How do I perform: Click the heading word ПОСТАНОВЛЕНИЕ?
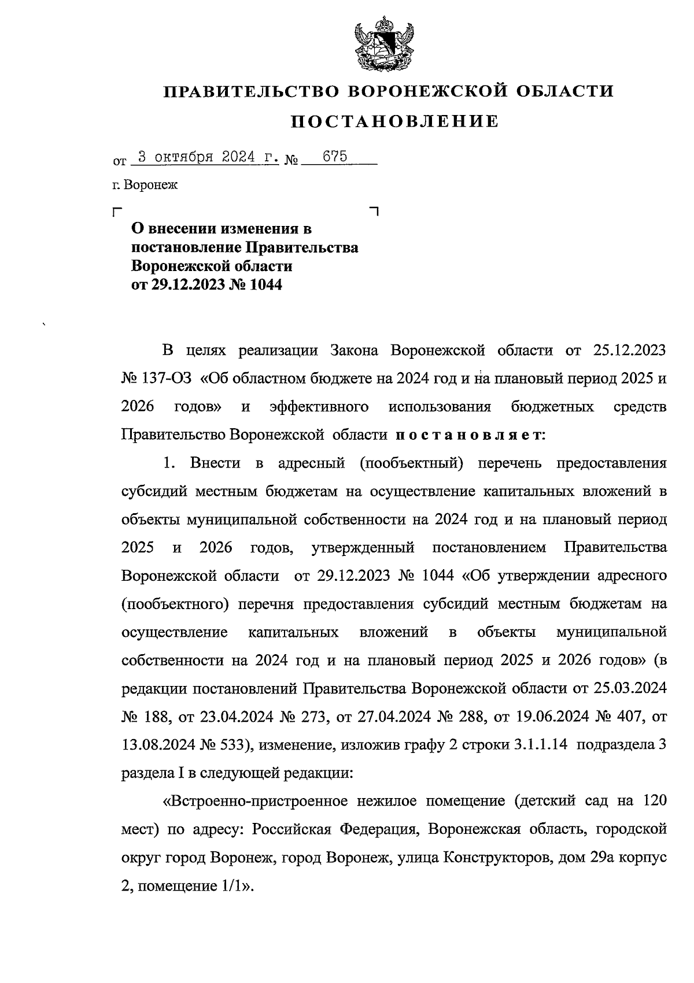(x=394, y=121)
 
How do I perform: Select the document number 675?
(x=334, y=157)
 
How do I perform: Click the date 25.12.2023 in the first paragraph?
(x=629, y=351)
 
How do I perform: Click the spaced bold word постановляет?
(x=469, y=435)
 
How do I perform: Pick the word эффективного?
(x=319, y=407)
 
